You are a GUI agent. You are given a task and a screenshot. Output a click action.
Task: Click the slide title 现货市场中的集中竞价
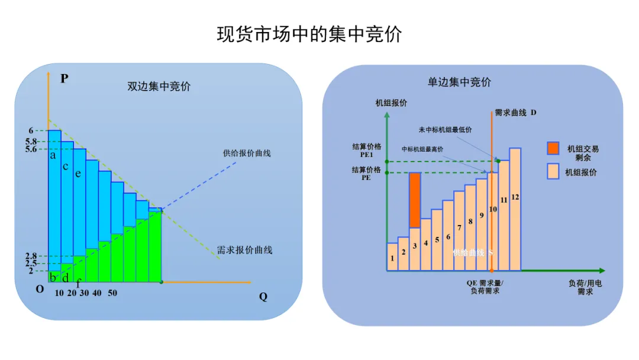309,34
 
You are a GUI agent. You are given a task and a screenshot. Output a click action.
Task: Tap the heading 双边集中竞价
159,86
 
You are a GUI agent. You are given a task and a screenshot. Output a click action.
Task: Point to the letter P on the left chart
64,78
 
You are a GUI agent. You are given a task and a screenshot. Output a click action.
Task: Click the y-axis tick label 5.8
31,142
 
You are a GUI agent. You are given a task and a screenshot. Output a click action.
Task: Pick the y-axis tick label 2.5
31,263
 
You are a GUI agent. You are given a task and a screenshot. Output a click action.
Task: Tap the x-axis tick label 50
112,293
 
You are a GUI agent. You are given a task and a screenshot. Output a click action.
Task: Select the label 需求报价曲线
244,250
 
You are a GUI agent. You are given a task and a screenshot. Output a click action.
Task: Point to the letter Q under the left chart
263,297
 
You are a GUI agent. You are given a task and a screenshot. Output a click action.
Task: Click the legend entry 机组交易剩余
583,153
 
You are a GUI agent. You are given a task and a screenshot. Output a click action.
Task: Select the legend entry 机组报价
582,172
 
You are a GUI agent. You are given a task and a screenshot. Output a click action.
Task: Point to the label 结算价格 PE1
366,150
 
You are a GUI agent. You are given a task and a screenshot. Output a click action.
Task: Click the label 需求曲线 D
515,112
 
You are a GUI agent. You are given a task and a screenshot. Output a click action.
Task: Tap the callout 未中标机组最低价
445,130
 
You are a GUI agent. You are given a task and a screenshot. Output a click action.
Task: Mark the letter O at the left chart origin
40,289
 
